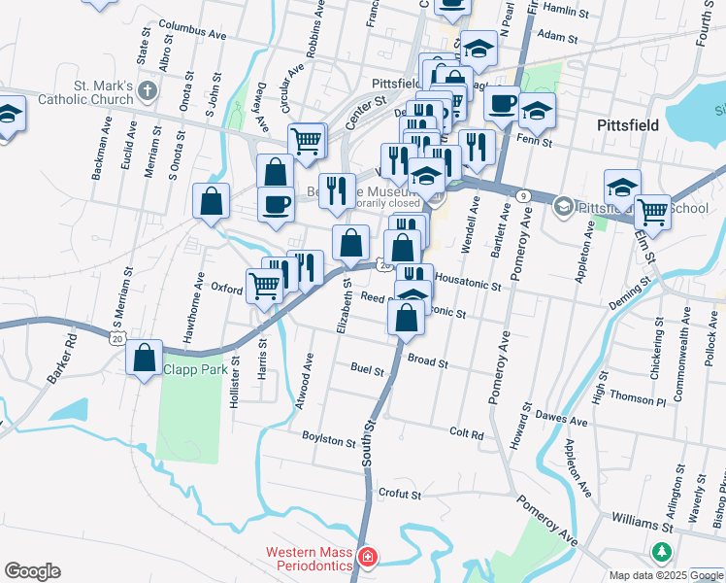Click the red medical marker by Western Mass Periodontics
[x=368, y=558]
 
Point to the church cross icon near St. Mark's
[x=147, y=92]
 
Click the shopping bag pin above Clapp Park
[x=145, y=358]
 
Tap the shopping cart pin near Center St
[x=307, y=141]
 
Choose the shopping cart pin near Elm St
[x=652, y=209]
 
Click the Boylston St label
[x=329, y=439]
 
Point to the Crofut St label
[x=399, y=494]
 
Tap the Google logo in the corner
[x=32, y=571]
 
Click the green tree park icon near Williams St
[x=663, y=552]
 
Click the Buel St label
[x=367, y=369]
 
